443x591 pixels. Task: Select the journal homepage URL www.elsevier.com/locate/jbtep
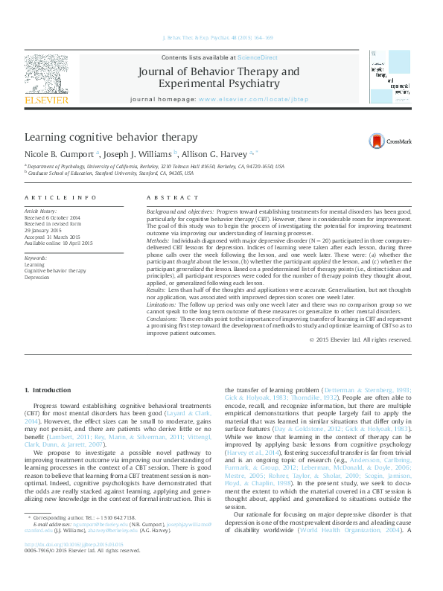point(264,99)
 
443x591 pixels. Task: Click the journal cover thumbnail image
point(390,77)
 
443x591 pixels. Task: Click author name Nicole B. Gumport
point(59,154)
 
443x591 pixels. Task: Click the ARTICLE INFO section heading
point(60,197)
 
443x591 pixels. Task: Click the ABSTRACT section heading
point(168,197)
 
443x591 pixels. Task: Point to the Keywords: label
point(37,258)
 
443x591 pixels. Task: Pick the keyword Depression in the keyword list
point(38,276)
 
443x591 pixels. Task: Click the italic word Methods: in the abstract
point(159,242)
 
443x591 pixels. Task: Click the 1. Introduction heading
point(48,390)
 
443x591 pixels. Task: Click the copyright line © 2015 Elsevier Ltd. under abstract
point(360,339)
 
